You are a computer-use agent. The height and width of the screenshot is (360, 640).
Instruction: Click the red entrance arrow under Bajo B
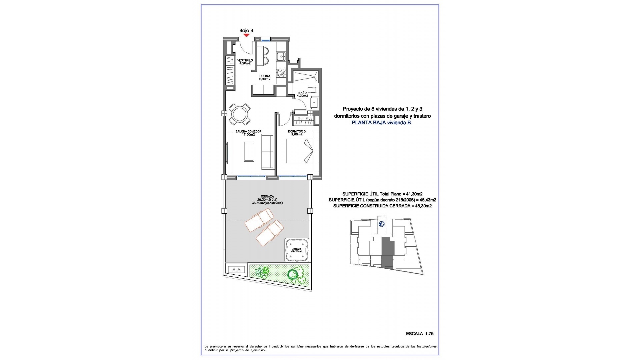click(246, 35)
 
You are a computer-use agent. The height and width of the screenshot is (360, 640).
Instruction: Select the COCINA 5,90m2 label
click(265, 78)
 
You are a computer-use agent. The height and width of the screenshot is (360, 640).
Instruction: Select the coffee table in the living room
click(249, 151)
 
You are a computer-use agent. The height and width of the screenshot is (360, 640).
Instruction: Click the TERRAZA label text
click(267, 197)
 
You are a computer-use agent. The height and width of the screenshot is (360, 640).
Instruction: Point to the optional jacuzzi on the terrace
click(296, 250)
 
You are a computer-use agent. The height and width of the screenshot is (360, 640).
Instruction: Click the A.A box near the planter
click(236, 270)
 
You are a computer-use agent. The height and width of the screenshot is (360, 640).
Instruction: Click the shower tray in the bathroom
click(305, 77)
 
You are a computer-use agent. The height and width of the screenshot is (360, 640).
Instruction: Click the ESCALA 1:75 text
click(420, 334)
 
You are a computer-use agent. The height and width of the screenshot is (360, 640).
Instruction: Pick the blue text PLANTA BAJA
click(369, 123)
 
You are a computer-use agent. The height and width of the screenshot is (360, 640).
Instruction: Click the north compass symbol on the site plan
click(382, 224)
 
